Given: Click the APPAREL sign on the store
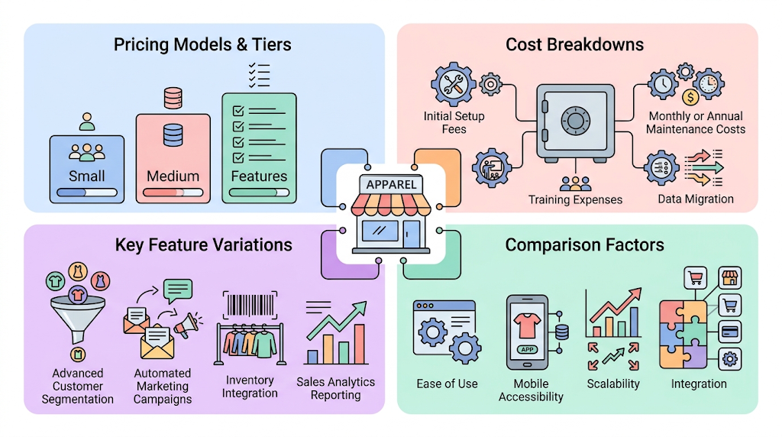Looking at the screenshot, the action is pyautogui.click(x=391, y=185).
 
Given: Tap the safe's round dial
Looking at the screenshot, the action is pyautogui.click(x=575, y=121).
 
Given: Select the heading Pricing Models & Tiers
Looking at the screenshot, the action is pyautogui.click(x=202, y=44).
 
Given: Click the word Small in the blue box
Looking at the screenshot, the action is pyautogui.click(x=87, y=176).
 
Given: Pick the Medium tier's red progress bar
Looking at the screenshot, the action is pyautogui.click(x=173, y=193).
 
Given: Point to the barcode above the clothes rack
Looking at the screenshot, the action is pyautogui.click(x=250, y=305).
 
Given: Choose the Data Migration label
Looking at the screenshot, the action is pyautogui.click(x=695, y=199).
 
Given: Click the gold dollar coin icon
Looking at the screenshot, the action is pyautogui.click(x=690, y=97).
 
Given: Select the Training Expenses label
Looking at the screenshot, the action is pyautogui.click(x=575, y=199).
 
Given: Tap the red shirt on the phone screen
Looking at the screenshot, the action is pyautogui.click(x=527, y=325).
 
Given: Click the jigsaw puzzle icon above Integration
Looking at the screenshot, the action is pyautogui.click(x=683, y=334).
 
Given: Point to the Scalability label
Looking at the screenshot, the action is pyautogui.click(x=613, y=384).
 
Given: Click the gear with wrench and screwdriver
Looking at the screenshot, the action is pyautogui.click(x=454, y=84).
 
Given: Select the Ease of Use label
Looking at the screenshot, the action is pyautogui.click(x=447, y=384).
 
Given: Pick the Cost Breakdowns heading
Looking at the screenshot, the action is pyautogui.click(x=574, y=44).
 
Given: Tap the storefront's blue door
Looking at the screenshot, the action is pyautogui.click(x=412, y=233).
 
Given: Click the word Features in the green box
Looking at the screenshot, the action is pyautogui.click(x=259, y=176).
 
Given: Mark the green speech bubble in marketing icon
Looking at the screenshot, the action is pyautogui.click(x=178, y=290).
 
